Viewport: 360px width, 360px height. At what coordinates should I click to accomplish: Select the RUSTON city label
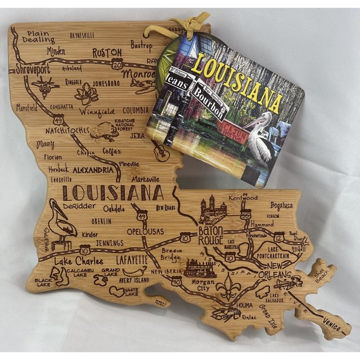pyautogui.click(x=107, y=53)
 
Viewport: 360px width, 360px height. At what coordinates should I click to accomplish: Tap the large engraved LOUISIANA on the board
pyautogui.click(x=113, y=193)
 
